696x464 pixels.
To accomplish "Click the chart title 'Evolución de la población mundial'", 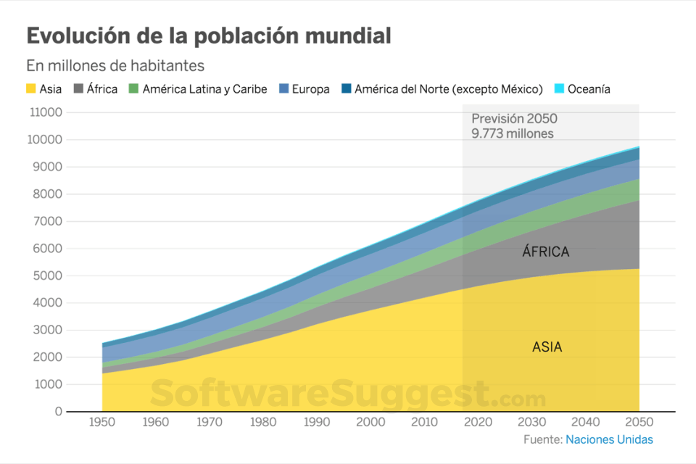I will coord(209,36).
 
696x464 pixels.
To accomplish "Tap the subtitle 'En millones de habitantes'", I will coord(115,66).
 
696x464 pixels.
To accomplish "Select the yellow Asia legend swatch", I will coord(31,89).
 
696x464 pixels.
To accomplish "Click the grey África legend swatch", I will coord(78,89).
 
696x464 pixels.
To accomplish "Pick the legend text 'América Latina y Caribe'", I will coord(204,89).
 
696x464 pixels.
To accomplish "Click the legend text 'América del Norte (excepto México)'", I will coord(449,89).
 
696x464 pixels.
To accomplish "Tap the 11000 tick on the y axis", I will coord(46,112).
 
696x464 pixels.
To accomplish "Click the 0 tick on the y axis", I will coord(59,412).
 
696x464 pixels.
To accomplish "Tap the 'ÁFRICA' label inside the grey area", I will coord(546,252).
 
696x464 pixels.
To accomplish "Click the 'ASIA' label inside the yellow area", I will coord(547,347).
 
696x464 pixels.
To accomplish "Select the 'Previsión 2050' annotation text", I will coord(514,119).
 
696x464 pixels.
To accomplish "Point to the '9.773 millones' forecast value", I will coord(512,133).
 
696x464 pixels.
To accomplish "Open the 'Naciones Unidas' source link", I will coord(609,439).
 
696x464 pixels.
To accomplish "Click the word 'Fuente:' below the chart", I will coord(542,439).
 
